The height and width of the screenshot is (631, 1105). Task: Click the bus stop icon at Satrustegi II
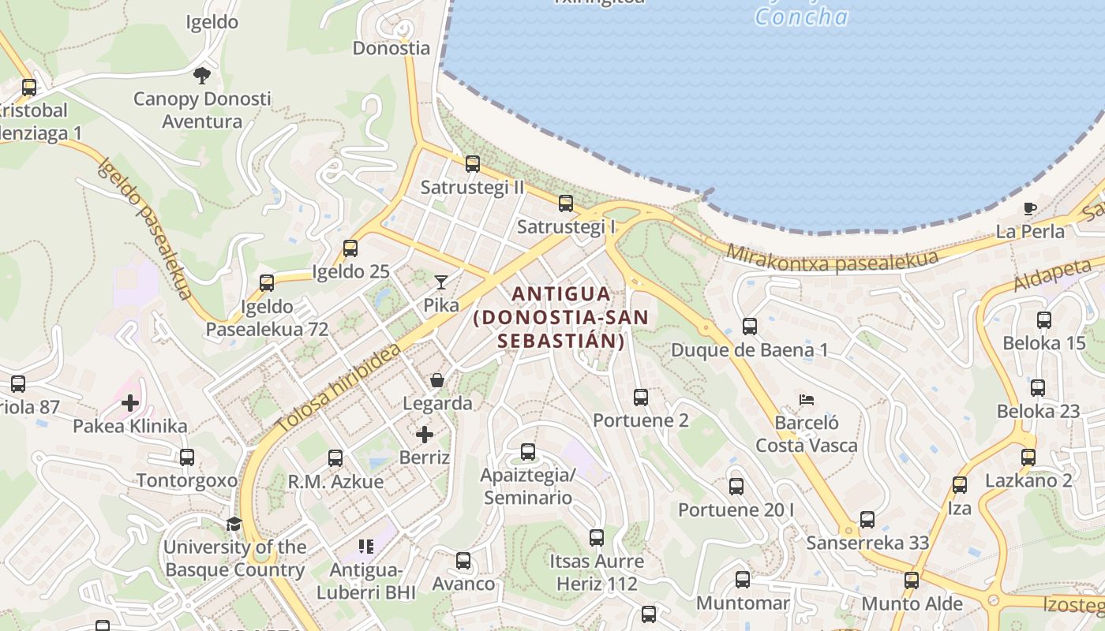(x=472, y=164)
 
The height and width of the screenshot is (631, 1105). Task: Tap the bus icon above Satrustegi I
(x=565, y=203)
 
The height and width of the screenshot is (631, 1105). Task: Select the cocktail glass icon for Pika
(x=440, y=282)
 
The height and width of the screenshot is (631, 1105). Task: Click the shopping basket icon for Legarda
(x=436, y=381)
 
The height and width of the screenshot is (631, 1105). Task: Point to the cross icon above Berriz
(x=425, y=435)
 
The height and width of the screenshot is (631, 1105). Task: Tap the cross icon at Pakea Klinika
(x=130, y=404)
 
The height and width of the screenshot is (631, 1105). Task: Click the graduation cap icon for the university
(x=234, y=525)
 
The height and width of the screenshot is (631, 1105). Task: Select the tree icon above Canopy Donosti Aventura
(x=201, y=76)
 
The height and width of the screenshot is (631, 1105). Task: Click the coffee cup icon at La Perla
(x=1029, y=209)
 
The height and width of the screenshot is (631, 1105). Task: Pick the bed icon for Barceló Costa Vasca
(x=806, y=400)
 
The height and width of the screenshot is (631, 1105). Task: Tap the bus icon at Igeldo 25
(x=350, y=248)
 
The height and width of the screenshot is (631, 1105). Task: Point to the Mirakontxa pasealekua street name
(x=832, y=259)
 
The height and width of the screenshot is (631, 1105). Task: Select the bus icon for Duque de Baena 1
(x=749, y=327)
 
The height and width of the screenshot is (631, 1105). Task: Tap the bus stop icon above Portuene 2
(x=640, y=398)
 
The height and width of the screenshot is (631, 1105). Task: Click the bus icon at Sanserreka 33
(x=867, y=520)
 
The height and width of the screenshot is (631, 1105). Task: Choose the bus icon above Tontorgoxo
(x=186, y=457)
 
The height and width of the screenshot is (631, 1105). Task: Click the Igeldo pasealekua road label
(x=145, y=229)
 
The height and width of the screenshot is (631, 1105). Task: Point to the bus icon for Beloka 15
(x=1043, y=320)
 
